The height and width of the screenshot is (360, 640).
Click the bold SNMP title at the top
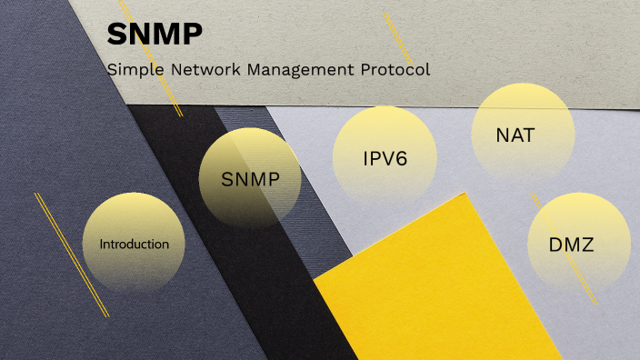[155, 35]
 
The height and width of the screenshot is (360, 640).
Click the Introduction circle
[134, 243]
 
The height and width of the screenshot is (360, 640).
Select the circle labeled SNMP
[250, 177]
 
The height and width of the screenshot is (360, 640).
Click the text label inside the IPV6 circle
[385, 159]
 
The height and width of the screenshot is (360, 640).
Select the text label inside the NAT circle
[515, 136]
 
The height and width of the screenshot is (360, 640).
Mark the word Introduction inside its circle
[134, 245]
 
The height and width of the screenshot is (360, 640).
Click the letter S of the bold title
[115, 35]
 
